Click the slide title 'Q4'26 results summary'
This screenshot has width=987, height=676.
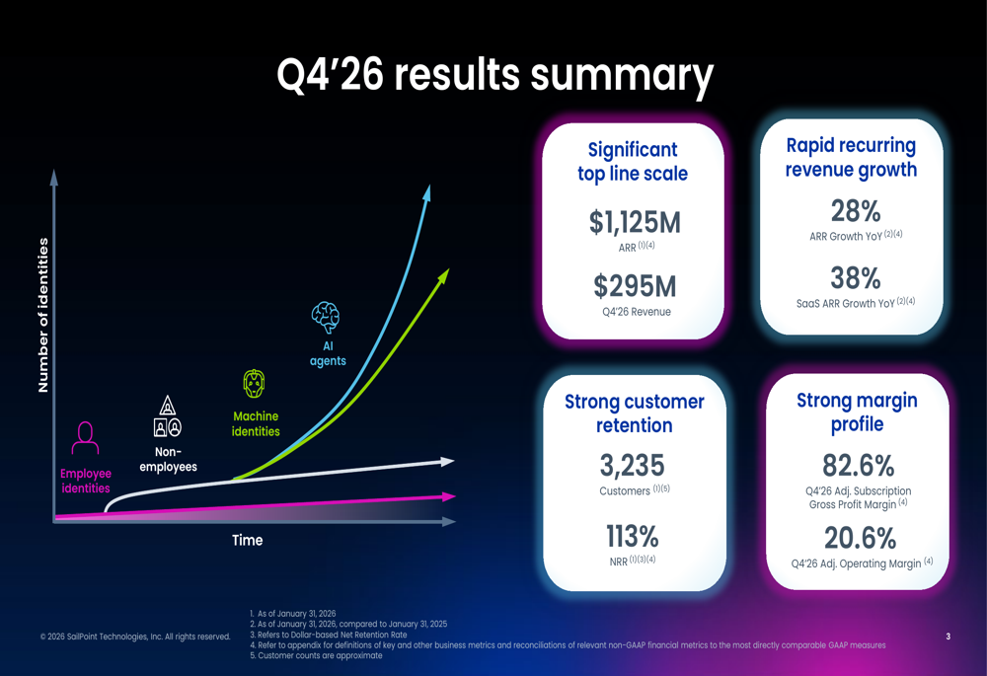[493, 77]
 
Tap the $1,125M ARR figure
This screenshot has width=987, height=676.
[635, 223]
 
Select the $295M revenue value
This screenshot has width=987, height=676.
[635, 286]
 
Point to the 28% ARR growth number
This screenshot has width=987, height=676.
[856, 211]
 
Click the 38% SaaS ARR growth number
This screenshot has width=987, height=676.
[856, 277]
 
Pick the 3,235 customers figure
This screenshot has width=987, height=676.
[633, 465]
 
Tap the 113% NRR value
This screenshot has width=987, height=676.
[633, 537]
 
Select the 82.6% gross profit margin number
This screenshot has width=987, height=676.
[858, 465]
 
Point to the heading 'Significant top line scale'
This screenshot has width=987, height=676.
[633, 162]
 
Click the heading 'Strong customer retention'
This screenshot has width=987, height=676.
[634, 413]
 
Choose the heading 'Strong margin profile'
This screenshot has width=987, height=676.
[857, 412]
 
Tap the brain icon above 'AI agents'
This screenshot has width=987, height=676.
[326, 318]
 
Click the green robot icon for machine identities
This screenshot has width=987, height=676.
[255, 384]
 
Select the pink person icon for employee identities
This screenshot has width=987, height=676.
[86, 435]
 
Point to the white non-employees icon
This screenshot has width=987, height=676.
[168, 416]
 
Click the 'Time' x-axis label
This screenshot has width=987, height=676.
[247, 540]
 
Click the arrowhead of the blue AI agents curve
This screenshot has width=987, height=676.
[427, 191]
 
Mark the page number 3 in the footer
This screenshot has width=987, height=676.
[948, 637]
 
